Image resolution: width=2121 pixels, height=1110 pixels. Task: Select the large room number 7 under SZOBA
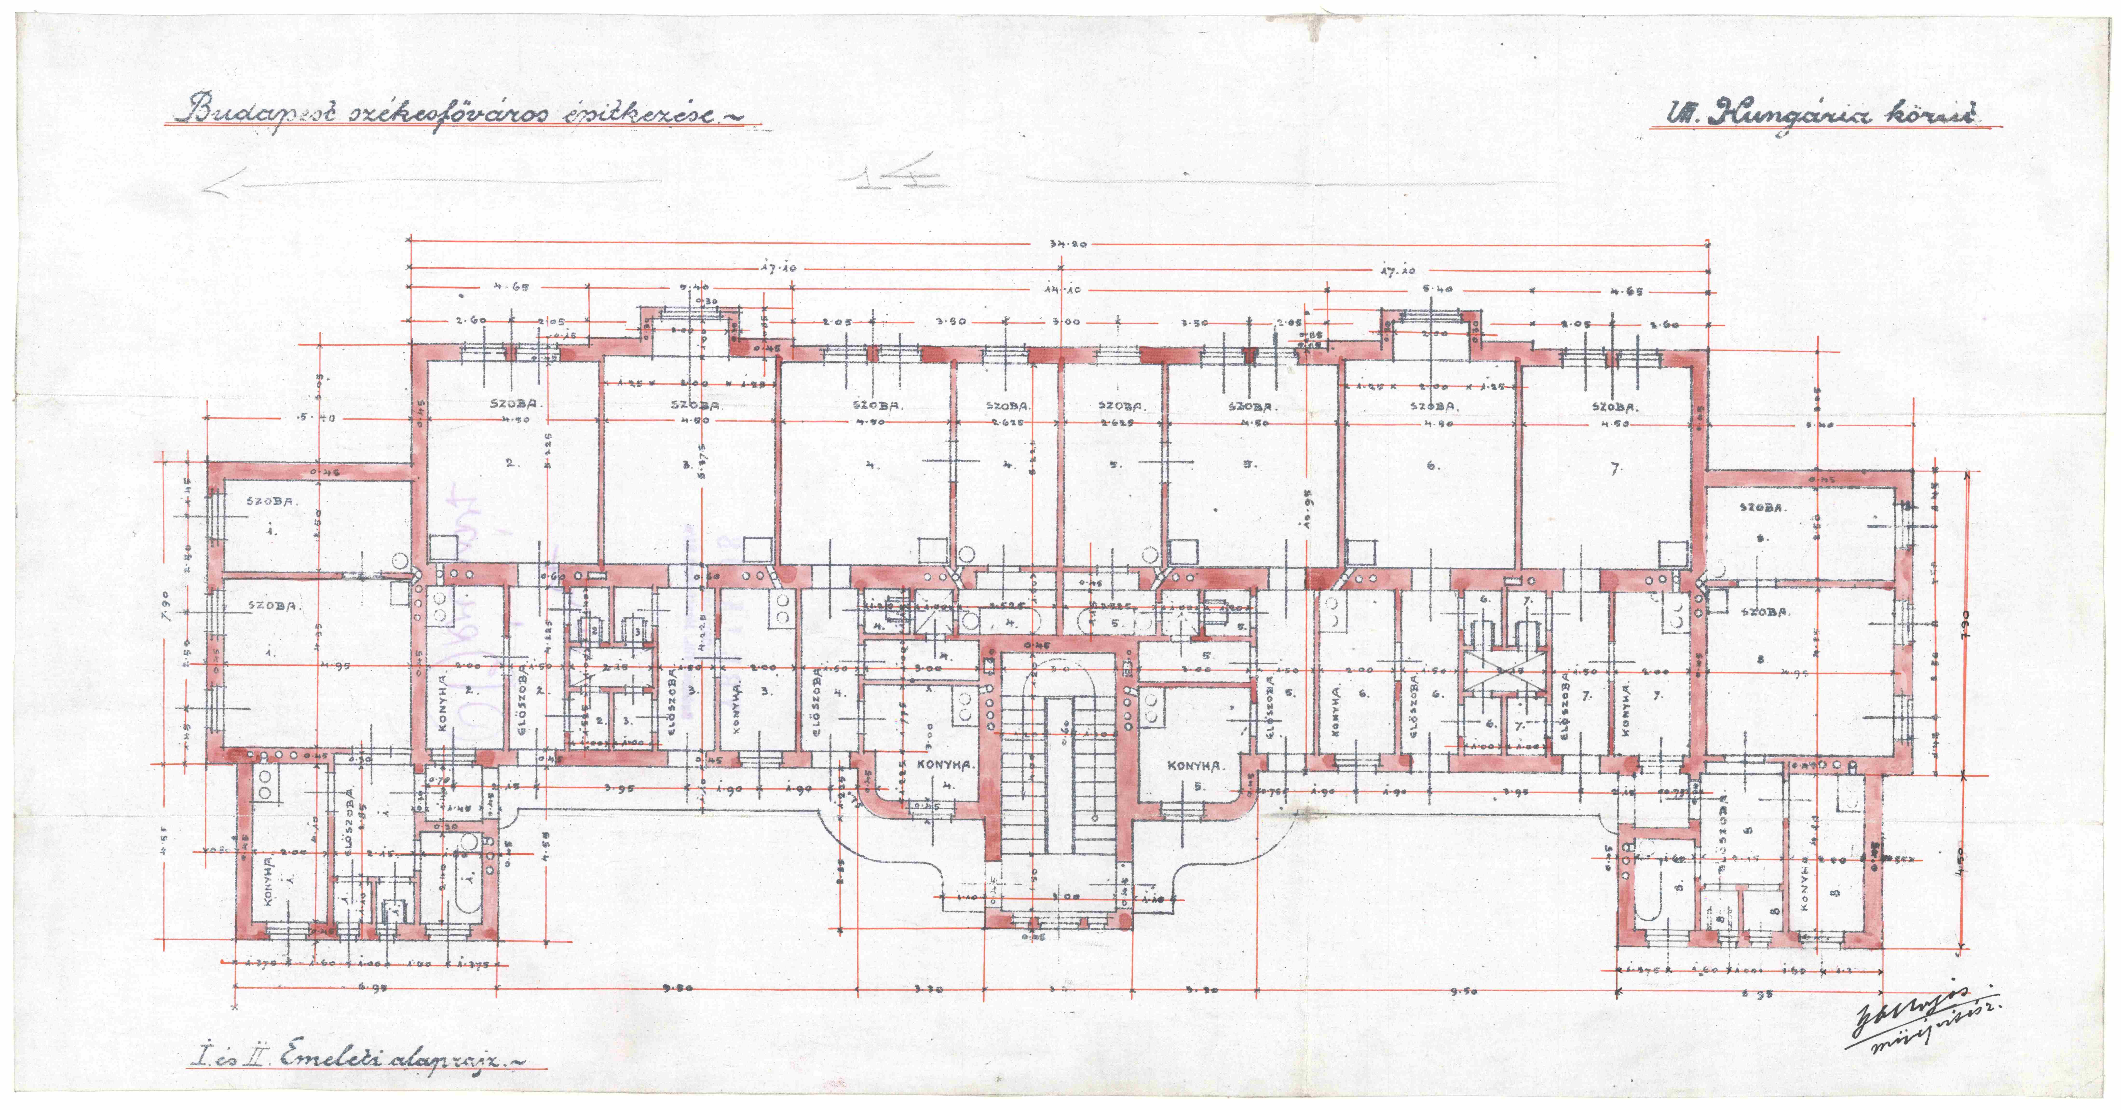(x=1614, y=469)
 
